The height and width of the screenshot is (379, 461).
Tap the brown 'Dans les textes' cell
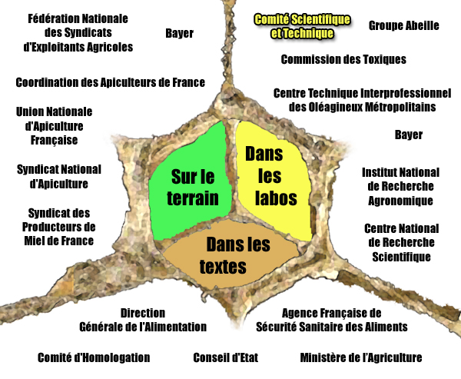pyautogui.click(x=230, y=254)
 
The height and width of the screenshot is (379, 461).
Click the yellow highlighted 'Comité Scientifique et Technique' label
pyautogui.click(x=302, y=26)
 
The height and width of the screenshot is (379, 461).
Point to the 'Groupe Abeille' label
pyautogui.click(x=404, y=25)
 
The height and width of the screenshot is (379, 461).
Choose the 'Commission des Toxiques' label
pyautogui.click(x=343, y=59)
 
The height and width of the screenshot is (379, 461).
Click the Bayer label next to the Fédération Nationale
pyautogui.click(x=179, y=33)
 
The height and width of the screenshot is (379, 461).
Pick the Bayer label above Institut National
pyautogui.click(x=409, y=135)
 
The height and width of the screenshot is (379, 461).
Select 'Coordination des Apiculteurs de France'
pyautogui.click(x=110, y=82)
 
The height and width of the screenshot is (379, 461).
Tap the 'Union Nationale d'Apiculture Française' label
pyautogui.click(x=54, y=126)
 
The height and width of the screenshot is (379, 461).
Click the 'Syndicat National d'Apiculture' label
pyautogui.click(x=59, y=177)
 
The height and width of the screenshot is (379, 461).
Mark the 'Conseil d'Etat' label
pyautogui.click(x=226, y=357)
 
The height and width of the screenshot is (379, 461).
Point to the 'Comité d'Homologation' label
pyautogui.click(x=94, y=357)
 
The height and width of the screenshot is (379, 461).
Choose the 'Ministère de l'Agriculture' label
pyautogui.click(x=361, y=357)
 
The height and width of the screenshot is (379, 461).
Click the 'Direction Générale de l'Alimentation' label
pyautogui.click(x=143, y=320)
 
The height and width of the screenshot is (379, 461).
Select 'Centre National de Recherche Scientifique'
pyautogui.click(x=401, y=243)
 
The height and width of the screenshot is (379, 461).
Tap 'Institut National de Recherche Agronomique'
pyautogui.click(x=400, y=187)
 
